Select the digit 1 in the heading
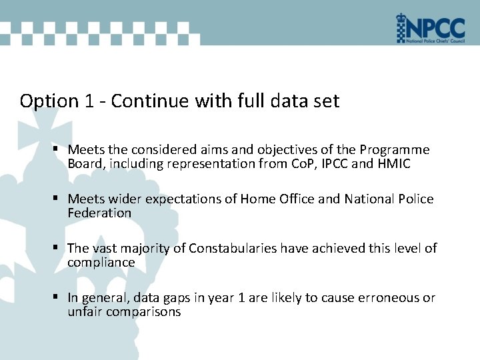click(x=90, y=101)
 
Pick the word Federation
click(x=99, y=213)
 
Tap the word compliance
click(x=101, y=263)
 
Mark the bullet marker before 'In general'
click(x=59, y=298)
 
